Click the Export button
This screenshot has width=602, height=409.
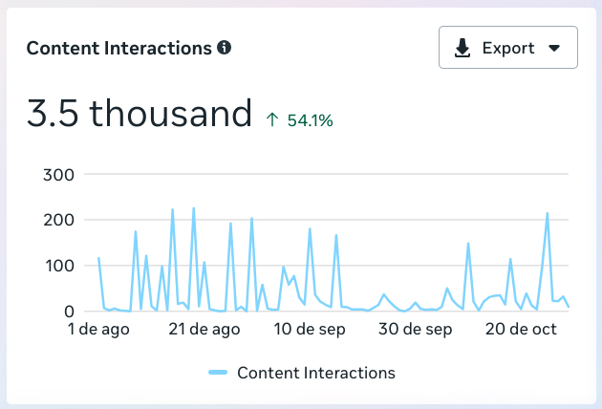[x=507, y=48]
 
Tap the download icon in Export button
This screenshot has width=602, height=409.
[x=462, y=48]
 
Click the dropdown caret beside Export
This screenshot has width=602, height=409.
[x=553, y=49]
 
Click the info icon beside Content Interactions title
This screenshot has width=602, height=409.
[x=225, y=47]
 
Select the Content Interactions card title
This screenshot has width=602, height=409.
[x=118, y=48]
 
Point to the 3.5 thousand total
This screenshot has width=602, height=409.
[x=140, y=114]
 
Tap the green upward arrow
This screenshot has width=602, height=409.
[x=272, y=119]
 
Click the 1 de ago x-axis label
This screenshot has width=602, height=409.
[x=98, y=331]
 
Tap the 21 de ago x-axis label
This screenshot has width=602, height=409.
[x=204, y=331]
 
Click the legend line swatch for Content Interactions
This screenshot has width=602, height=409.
[x=218, y=373]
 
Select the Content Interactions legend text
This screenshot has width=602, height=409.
[x=315, y=373]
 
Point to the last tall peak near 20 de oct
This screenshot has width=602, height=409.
[x=548, y=214]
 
